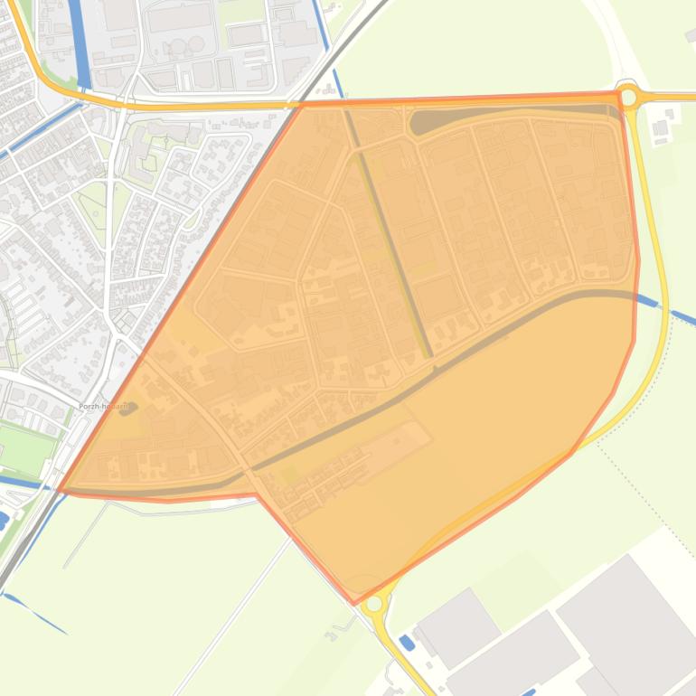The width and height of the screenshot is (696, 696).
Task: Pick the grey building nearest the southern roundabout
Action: (x=458, y=624)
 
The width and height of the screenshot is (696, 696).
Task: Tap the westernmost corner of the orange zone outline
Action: (x=59, y=492)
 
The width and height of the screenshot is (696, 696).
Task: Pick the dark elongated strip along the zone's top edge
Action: (x=506, y=115)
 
